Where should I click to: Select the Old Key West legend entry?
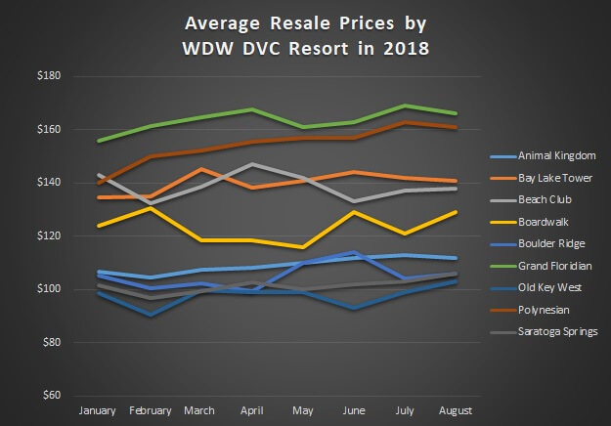[539, 287]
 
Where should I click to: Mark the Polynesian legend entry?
[534, 310]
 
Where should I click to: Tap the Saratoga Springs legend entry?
[546, 331]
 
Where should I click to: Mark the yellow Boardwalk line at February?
[149, 208]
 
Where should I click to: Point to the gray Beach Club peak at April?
[252, 164]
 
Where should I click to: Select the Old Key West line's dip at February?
[149, 315]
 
